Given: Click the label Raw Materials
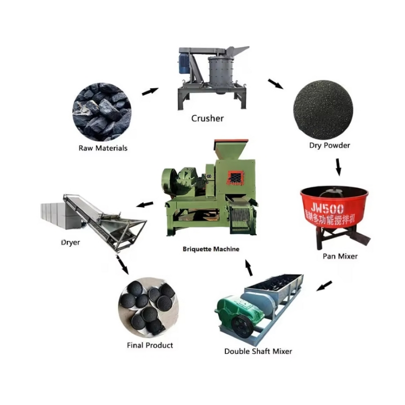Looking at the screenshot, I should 103,148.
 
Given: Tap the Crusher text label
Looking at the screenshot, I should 207,118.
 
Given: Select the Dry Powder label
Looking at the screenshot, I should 330,145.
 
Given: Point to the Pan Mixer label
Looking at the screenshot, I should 340,256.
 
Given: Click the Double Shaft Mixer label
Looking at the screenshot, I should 258,351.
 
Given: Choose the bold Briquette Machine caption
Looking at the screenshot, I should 211,249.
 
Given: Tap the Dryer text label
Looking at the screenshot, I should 70,242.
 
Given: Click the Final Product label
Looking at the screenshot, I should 149,345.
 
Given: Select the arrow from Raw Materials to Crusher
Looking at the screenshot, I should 149,91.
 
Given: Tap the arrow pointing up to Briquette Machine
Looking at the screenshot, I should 249,268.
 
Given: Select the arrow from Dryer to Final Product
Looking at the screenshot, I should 121,265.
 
